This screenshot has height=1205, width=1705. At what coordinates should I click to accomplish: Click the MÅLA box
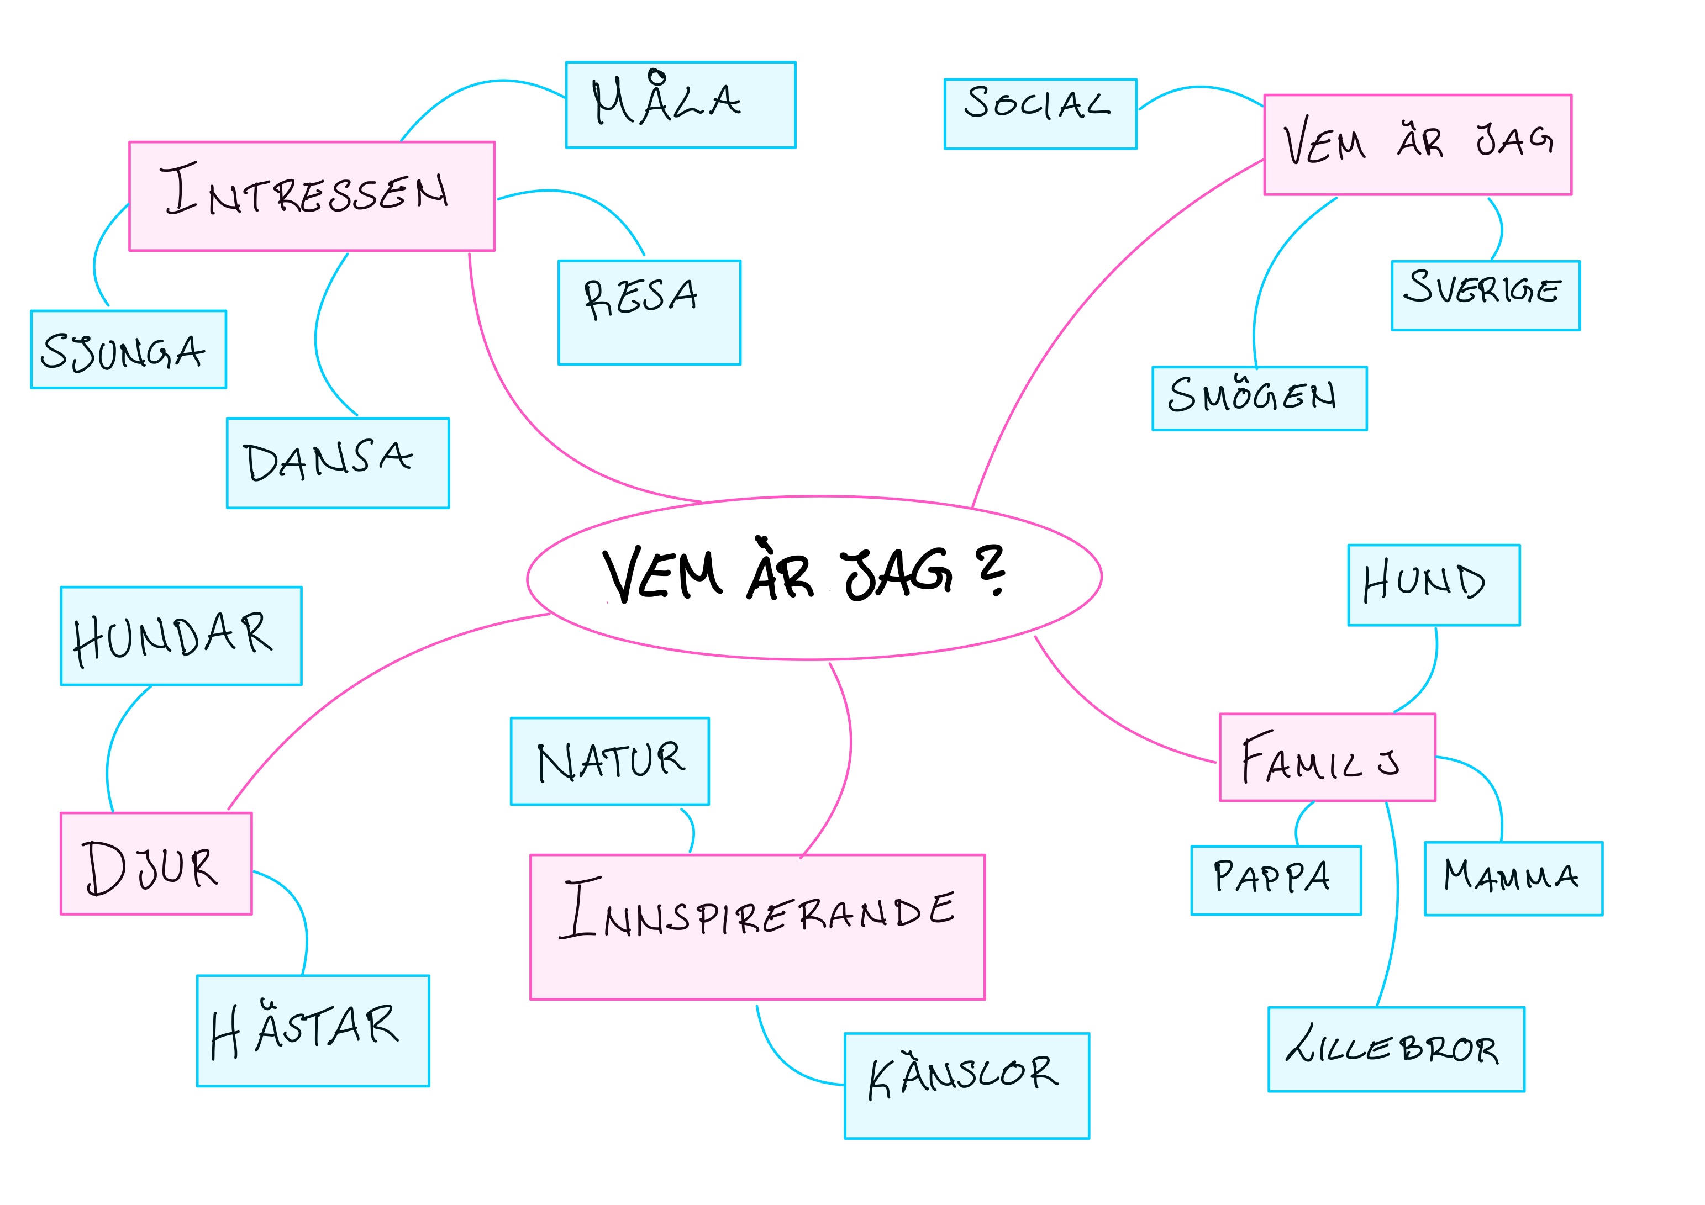tap(680, 105)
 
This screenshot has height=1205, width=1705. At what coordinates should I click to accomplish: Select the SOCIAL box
tap(1040, 114)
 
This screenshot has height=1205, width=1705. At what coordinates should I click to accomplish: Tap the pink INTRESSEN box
tap(312, 196)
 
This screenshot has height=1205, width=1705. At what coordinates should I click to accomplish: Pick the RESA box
tap(649, 312)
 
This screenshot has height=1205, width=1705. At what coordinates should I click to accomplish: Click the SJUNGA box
tap(129, 349)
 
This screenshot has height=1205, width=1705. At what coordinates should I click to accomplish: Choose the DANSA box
tap(338, 463)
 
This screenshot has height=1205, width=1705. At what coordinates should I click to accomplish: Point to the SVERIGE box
tap(1485, 295)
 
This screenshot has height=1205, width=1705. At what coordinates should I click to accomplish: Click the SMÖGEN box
tap(1260, 398)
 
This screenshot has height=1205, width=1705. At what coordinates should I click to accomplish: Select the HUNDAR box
tap(181, 636)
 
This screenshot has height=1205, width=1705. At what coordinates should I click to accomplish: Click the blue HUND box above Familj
tap(1434, 585)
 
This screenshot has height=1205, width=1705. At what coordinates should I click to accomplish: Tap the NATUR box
tap(609, 761)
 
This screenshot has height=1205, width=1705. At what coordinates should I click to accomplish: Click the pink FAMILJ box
tap(1327, 757)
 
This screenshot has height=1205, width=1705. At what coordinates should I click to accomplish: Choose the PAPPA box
tap(1276, 880)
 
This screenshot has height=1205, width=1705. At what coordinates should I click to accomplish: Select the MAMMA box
tap(1513, 878)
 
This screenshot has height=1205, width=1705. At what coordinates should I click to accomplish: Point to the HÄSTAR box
tap(313, 1030)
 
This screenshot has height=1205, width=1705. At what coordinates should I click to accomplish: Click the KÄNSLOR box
tap(967, 1086)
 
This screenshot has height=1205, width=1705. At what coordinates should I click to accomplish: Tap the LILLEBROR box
tap(1396, 1049)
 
